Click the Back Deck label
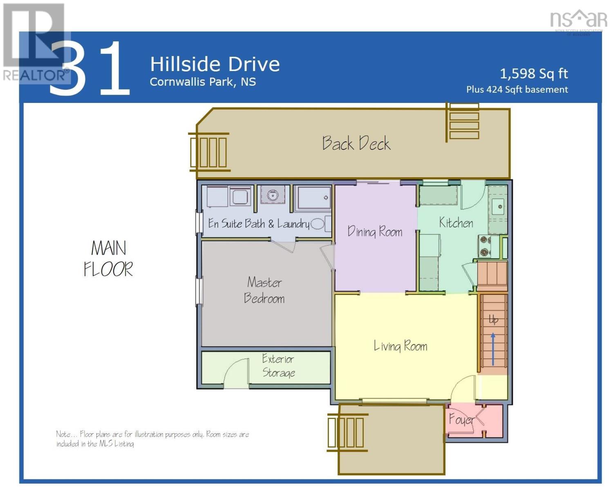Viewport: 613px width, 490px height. coord(356,143)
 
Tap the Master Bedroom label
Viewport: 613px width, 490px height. coord(264,290)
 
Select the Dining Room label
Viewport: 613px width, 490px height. coord(375,232)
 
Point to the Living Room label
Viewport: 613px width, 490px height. coord(400,346)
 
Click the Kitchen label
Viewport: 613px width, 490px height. coord(456,223)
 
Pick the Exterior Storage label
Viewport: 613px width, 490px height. coord(278,365)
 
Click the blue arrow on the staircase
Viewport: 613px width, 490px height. coord(493,350)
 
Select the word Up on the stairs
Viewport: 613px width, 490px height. coord(494,320)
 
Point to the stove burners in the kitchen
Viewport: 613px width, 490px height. coord(485,246)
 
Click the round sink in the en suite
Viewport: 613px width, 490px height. coord(273,195)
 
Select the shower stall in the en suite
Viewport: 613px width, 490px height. coord(313,198)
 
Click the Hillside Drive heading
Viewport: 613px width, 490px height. coord(215,64)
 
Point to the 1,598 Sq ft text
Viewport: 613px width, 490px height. coord(534,74)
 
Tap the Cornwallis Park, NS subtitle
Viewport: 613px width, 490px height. coord(203,82)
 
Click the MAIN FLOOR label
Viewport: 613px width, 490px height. coord(109,258)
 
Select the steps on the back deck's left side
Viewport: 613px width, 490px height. coord(209,152)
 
